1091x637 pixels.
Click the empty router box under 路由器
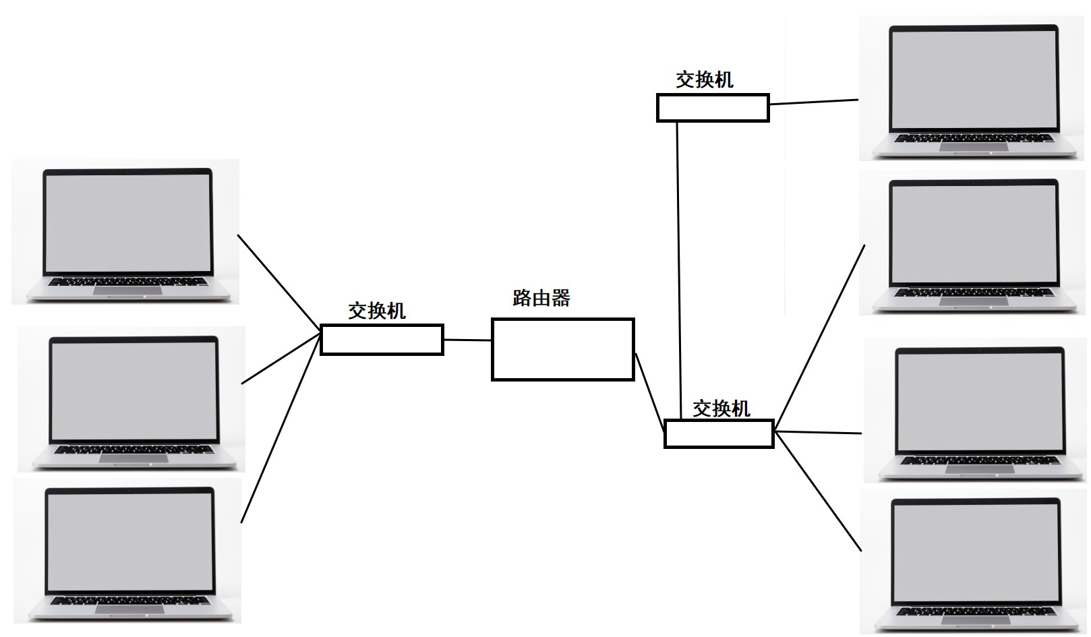point(562,349)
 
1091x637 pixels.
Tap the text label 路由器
point(541,298)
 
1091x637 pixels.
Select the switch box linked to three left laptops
point(382,339)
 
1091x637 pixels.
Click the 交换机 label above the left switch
point(376,311)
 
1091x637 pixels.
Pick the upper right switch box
point(713,108)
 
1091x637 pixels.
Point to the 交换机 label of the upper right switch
point(704,80)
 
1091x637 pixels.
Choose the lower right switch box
point(719,433)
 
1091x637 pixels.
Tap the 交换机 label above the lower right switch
point(721,408)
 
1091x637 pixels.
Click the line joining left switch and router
point(467,340)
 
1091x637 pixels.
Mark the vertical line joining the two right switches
point(679,270)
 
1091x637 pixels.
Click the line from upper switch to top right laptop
point(813,102)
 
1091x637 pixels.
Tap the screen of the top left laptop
point(127,222)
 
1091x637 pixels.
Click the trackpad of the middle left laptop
point(134,458)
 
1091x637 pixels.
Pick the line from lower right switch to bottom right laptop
point(818,491)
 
